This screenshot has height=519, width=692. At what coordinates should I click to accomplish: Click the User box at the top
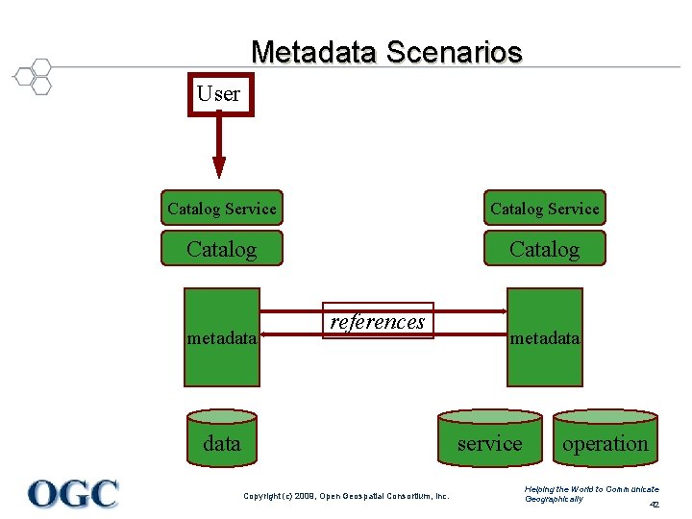tap(220, 94)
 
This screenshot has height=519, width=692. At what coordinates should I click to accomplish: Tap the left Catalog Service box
tap(221, 208)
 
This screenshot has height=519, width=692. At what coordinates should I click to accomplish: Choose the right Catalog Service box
tap(544, 208)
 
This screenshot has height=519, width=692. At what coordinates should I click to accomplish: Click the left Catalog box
tap(221, 249)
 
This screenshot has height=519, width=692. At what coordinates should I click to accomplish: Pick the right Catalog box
tap(544, 249)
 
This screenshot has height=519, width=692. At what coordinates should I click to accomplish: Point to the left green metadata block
tap(222, 337)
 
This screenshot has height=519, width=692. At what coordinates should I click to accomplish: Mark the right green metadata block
tap(545, 337)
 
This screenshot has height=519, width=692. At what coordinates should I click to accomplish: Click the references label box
tap(378, 321)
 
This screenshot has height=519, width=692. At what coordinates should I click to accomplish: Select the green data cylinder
tap(222, 441)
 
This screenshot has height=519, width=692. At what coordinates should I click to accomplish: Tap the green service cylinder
tap(490, 442)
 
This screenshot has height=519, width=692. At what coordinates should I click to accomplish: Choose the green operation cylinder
tap(605, 442)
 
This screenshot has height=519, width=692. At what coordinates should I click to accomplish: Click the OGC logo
tap(73, 493)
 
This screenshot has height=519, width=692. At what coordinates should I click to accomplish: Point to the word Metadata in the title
tap(314, 51)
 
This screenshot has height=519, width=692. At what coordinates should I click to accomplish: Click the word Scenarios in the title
tap(455, 51)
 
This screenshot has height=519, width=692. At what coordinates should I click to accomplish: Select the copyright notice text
tap(346, 496)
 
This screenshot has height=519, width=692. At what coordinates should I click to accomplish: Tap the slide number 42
tap(654, 505)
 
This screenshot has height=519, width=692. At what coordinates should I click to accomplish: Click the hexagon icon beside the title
tap(35, 76)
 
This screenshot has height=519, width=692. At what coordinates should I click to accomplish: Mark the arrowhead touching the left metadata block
tap(265, 336)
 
